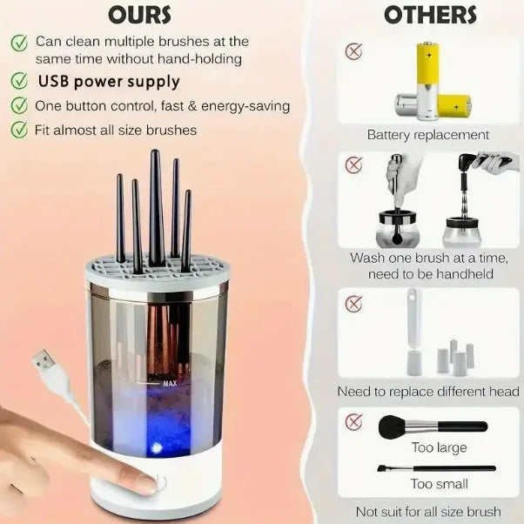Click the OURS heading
point(140,15)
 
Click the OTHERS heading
point(430,15)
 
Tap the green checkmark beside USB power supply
point(18,82)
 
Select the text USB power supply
point(109,82)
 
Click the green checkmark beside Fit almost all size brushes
point(18,130)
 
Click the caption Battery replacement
point(427,135)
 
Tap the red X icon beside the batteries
point(353,50)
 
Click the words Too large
point(440,447)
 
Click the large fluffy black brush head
point(389,427)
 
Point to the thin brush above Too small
point(436,468)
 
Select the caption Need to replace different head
point(428,392)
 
